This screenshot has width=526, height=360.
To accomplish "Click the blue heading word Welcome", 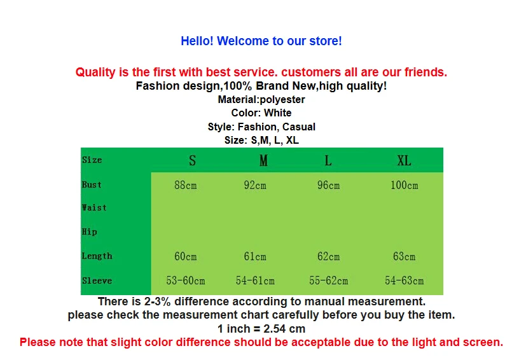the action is (x=243, y=41).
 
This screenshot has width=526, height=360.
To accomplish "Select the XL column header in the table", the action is (x=404, y=161).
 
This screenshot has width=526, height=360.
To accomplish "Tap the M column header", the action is (x=263, y=161).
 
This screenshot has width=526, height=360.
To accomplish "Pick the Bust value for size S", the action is (x=186, y=185).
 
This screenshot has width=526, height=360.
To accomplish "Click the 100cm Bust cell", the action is (x=405, y=185).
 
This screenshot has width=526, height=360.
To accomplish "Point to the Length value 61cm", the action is (x=255, y=257).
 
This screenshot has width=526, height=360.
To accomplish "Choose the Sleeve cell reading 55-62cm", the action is (x=329, y=280).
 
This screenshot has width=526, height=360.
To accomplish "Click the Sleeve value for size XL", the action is (x=405, y=280).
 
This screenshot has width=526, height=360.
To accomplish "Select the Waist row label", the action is (x=94, y=208).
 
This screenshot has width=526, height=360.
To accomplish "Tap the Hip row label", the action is (x=90, y=232).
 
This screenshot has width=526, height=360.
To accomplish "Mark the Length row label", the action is (x=97, y=256).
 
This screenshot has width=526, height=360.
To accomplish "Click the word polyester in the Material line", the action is (x=282, y=100).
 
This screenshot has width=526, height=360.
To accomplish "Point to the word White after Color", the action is (x=278, y=113).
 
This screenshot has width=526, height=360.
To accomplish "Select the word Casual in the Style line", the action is (x=298, y=127).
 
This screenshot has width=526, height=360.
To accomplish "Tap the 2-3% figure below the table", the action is (x=157, y=301).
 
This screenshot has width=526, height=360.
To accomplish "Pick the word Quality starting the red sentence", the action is (x=95, y=73).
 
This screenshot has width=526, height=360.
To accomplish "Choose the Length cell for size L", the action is (x=329, y=257).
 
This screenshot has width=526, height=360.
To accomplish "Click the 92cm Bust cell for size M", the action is (x=255, y=185).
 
